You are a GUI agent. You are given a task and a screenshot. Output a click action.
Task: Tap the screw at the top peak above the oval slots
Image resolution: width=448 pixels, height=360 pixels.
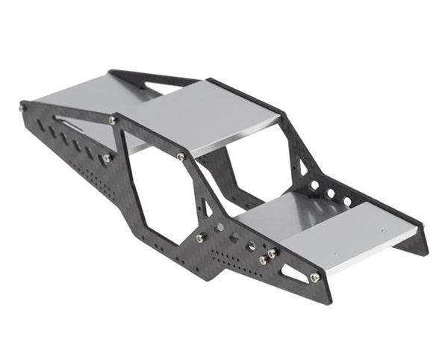113,120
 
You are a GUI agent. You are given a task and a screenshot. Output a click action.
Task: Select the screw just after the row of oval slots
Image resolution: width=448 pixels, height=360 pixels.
107,158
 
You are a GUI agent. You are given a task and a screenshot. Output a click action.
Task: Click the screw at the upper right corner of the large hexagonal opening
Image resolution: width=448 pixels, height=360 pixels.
181,157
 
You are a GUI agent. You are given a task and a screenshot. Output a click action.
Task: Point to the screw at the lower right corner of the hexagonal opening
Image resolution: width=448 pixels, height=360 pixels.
201,238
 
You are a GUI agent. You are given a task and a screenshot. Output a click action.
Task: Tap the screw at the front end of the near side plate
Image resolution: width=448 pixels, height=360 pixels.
314,278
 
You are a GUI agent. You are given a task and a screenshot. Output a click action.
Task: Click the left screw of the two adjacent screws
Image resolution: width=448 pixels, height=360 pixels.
263,260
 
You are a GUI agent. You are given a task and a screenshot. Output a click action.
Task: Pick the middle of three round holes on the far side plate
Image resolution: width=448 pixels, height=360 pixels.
331,193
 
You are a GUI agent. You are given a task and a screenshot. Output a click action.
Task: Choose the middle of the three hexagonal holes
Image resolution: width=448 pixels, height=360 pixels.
234,238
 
